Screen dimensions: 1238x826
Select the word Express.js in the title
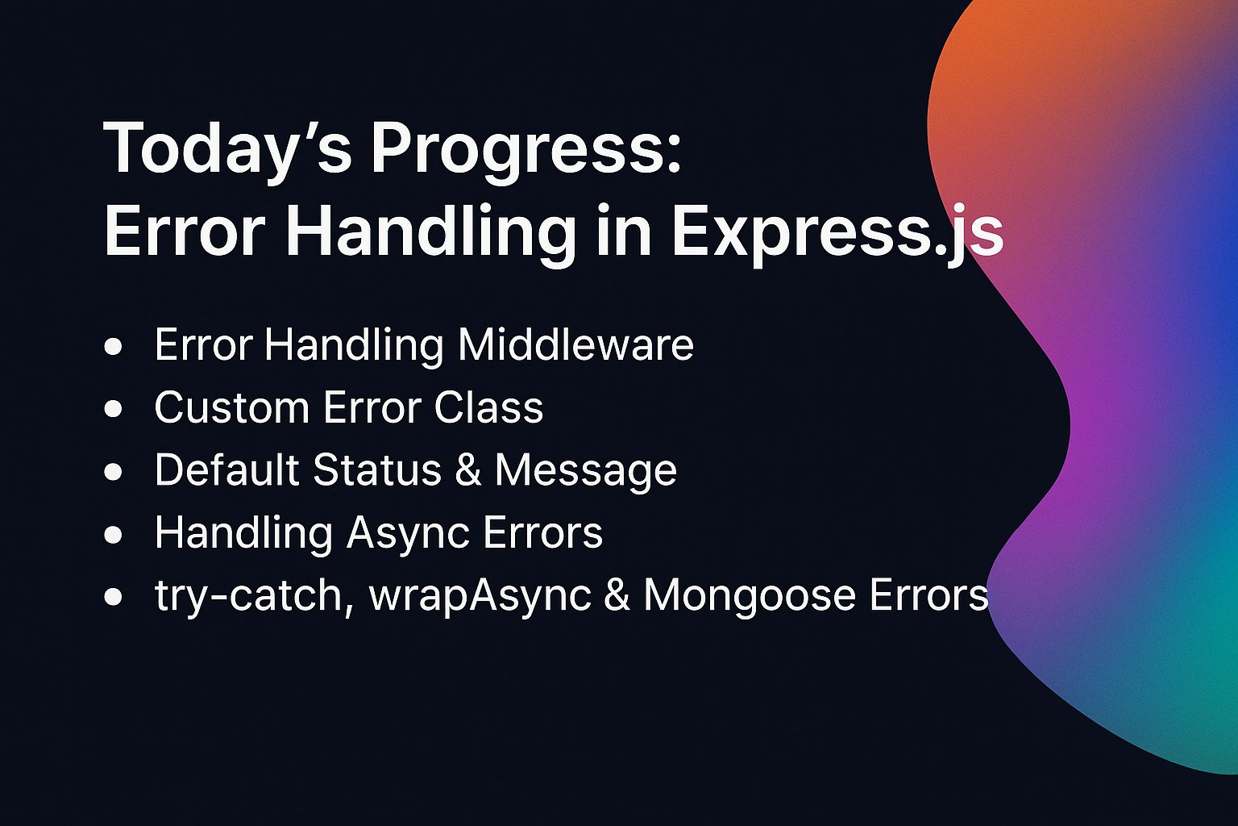[x=836, y=233]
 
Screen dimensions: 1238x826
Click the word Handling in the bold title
[x=430, y=233]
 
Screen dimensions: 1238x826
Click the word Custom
[x=231, y=407]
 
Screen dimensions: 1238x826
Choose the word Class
[x=488, y=407]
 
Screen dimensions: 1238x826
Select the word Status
[x=377, y=469]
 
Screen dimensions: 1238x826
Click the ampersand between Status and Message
[x=468, y=470]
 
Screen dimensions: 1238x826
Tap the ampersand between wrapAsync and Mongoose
[x=617, y=596]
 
